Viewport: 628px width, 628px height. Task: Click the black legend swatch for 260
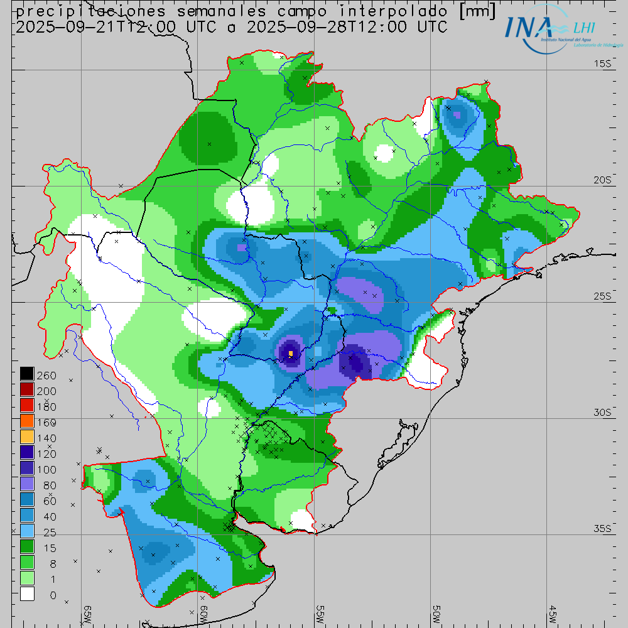coord(26,374)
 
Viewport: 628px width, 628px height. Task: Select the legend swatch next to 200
coord(26,390)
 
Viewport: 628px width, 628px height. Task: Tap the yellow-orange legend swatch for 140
coord(26,437)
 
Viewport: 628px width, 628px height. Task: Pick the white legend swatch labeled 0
coord(26,594)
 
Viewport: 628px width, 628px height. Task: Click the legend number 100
coord(46,469)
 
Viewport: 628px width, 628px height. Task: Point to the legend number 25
coord(46,532)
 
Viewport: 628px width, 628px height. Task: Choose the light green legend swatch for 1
coord(26,578)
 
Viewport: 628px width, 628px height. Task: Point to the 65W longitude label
coord(88,614)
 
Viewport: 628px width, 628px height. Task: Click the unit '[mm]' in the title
coord(475,11)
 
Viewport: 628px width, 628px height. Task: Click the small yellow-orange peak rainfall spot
coord(291,354)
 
